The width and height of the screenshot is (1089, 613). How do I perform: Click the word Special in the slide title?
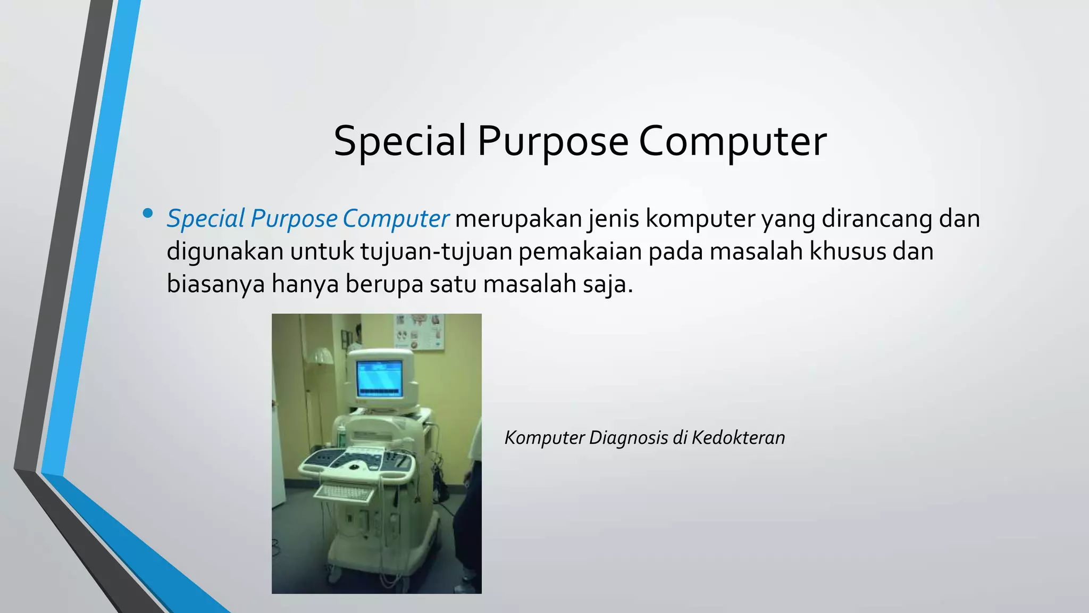click(399, 142)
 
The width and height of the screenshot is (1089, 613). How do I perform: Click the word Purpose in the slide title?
click(552, 142)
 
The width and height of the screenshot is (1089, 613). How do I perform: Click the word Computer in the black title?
click(732, 142)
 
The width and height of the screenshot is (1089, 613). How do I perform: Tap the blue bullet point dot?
click(148, 214)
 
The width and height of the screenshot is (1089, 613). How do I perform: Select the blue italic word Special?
click(205, 219)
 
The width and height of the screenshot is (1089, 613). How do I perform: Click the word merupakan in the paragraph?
click(518, 219)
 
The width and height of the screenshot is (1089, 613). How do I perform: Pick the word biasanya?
click(215, 284)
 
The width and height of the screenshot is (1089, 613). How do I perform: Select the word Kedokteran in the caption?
click(738, 438)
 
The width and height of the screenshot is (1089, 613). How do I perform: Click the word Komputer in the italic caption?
click(544, 438)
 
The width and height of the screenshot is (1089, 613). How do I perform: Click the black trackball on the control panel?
click(354, 467)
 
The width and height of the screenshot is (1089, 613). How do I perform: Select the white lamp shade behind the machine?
click(322, 355)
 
